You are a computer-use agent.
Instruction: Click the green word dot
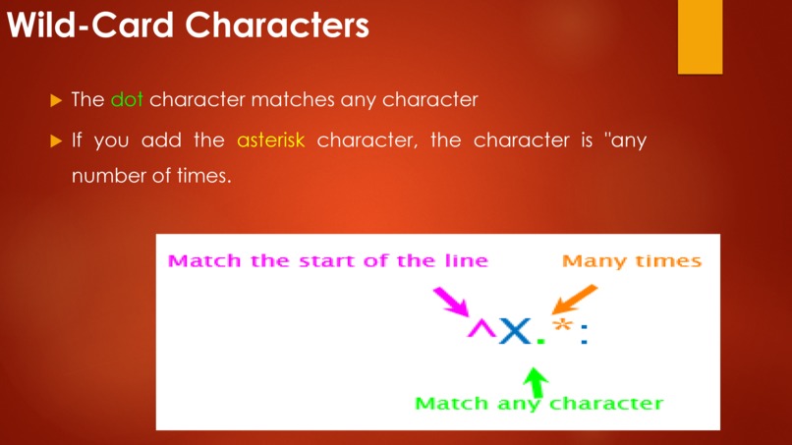(x=127, y=100)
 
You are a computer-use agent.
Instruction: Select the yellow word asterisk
(x=270, y=139)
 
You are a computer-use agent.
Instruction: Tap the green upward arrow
(x=536, y=379)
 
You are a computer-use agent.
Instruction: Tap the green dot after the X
(x=539, y=342)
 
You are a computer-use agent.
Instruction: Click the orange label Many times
(x=631, y=261)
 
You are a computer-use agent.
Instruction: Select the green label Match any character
(x=538, y=404)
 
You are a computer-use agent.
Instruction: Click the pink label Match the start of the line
(x=327, y=261)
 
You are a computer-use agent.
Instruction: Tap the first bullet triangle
(x=56, y=100)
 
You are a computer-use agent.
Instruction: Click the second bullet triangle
(x=56, y=139)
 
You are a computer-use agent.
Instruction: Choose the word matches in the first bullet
(x=293, y=100)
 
